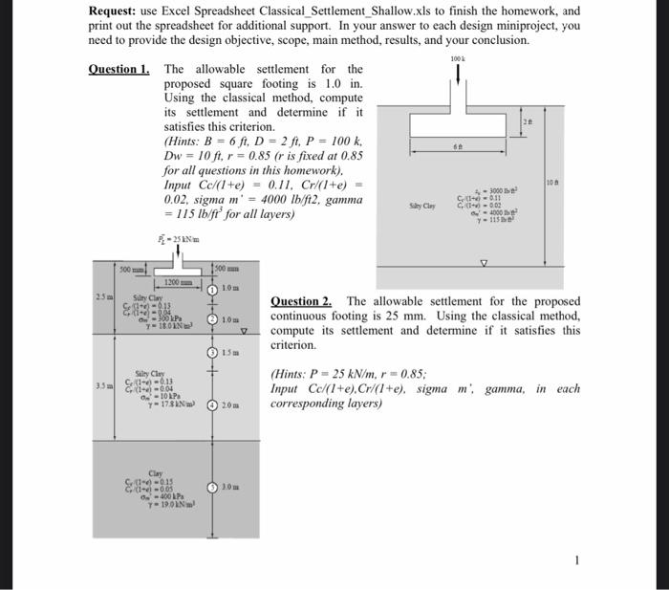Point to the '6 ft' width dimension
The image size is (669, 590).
[x=460, y=146]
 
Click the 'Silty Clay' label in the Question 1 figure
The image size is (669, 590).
[x=422, y=206]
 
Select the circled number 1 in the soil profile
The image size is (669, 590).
[x=214, y=290]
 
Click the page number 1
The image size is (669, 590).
[x=575, y=560]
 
